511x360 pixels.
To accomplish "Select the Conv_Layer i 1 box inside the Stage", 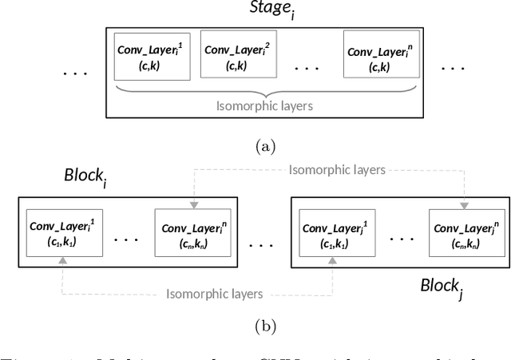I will (x=153, y=57).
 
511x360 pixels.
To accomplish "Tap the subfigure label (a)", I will (x=264, y=147).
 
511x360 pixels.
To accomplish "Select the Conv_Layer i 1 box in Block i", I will (x=63, y=232).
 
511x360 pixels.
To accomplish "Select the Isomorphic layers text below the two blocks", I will (x=213, y=293).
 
